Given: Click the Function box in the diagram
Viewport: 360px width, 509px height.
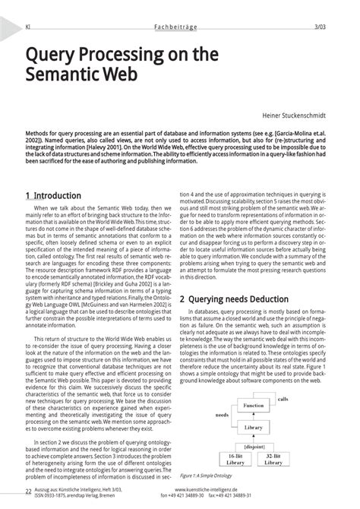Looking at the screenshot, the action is [x=254, y=406].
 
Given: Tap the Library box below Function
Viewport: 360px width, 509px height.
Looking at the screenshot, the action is [x=254, y=428].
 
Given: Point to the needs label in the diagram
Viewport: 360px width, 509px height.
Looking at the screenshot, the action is [x=223, y=416].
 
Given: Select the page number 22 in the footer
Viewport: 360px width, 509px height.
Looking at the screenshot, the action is [x=28, y=492].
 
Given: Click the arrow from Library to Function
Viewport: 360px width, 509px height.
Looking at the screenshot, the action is [x=254, y=417].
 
